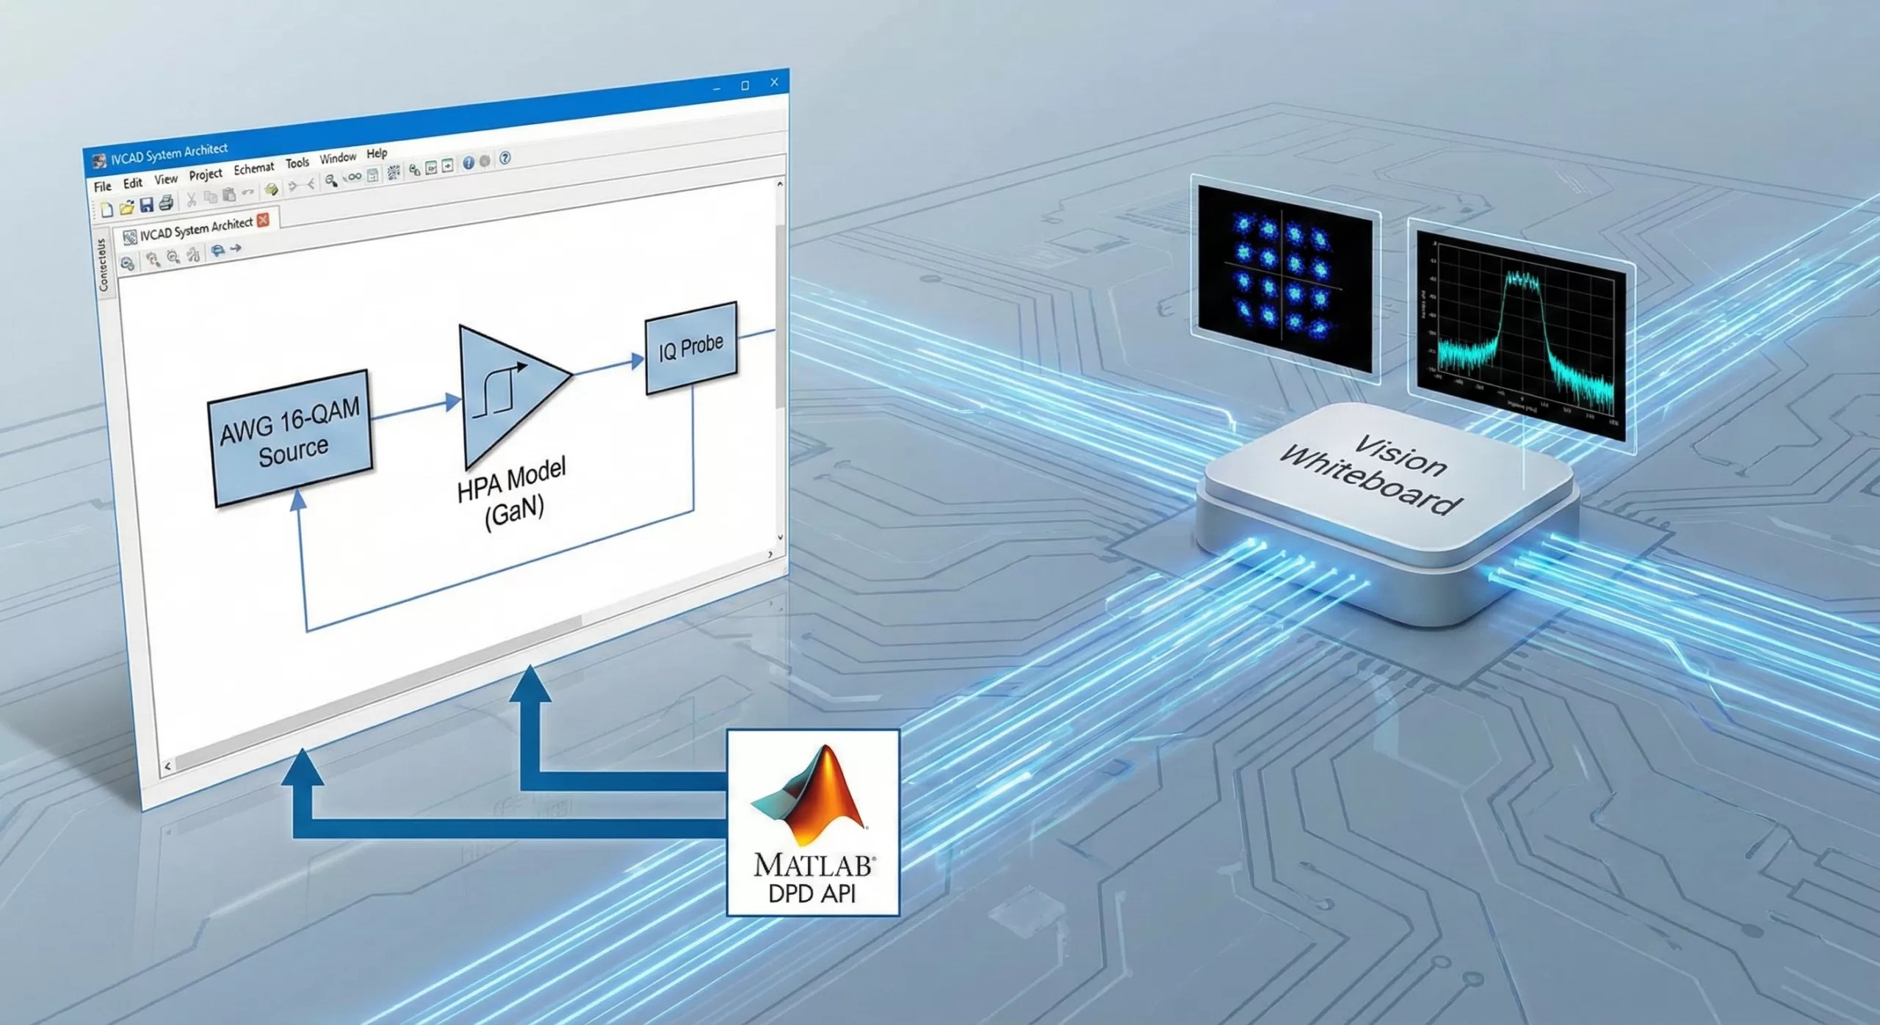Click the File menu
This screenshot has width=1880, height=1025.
tap(102, 186)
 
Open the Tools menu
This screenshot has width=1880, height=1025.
tap(297, 163)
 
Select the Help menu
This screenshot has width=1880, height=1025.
tap(377, 153)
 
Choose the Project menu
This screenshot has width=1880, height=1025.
tap(206, 174)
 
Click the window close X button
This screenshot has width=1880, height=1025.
tap(774, 82)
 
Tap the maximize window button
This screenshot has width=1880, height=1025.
tap(745, 85)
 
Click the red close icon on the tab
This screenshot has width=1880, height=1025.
tap(264, 219)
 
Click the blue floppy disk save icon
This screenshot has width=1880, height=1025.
tap(146, 205)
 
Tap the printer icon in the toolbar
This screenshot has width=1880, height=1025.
tap(166, 203)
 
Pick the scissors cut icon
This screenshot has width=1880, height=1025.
tap(191, 198)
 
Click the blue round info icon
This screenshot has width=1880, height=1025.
tap(468, 163)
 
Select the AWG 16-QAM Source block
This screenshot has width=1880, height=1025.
tap(291, 438)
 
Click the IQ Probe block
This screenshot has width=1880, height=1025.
tap(690, 347)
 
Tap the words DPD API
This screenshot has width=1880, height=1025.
tap(811, 893)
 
